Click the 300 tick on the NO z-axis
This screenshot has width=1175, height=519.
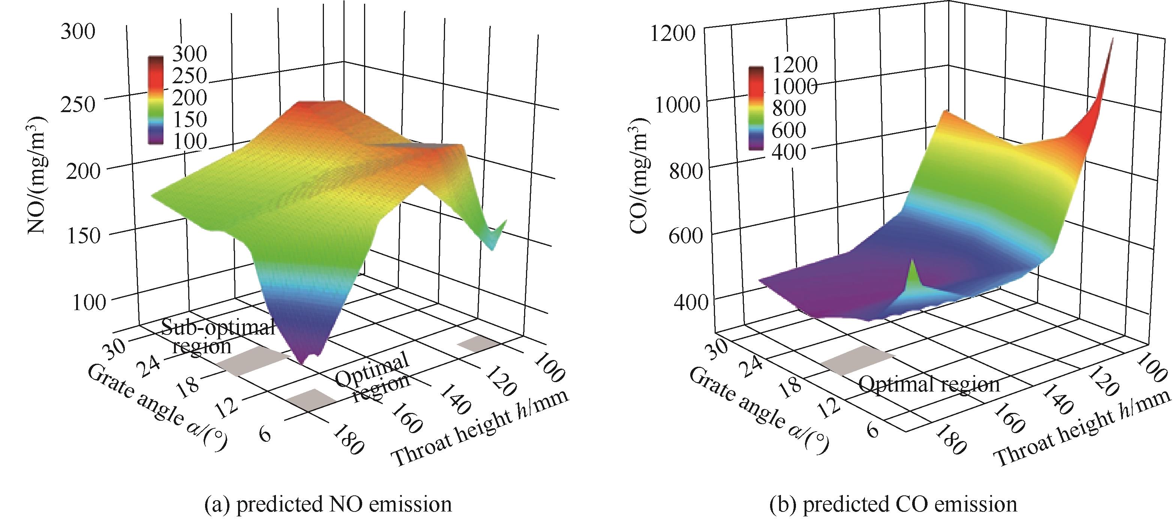(x=78, y=32)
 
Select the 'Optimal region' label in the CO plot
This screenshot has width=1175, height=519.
(x=929, y=384)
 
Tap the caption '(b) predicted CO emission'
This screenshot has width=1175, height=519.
(x=893, y=504)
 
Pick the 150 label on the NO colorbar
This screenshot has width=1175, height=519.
(x=189, y=119)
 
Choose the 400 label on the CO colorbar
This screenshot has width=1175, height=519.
(x=788, y=151)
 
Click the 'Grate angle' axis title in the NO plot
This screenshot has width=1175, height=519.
(x=157, y=408)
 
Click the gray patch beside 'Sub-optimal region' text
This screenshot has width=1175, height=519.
(x=253, y=360)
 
